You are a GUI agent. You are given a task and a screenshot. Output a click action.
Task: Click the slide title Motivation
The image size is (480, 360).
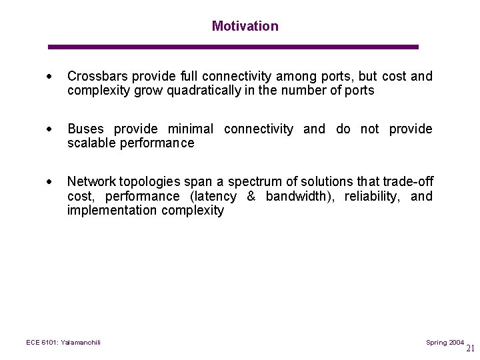(245, 26)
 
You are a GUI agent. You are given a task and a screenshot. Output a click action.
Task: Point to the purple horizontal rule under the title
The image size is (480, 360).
(233, 47)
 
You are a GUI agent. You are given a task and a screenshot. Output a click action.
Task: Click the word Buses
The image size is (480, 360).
(85, 129)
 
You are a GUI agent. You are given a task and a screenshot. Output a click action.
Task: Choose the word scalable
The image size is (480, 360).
(91, 143)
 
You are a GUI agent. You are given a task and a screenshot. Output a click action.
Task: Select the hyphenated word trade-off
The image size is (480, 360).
(407, 181)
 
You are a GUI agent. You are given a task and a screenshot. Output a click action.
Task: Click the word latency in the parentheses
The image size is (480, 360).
(215, 196)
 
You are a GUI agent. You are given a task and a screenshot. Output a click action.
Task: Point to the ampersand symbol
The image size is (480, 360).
(251, 196)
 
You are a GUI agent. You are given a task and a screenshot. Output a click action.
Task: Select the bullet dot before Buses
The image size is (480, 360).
(51, 129)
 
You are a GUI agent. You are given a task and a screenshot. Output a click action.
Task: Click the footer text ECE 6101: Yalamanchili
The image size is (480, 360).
(63, 342)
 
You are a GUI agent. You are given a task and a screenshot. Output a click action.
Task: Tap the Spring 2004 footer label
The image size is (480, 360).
(445, 342)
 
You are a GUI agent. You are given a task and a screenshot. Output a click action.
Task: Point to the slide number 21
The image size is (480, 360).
(471, 348)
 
